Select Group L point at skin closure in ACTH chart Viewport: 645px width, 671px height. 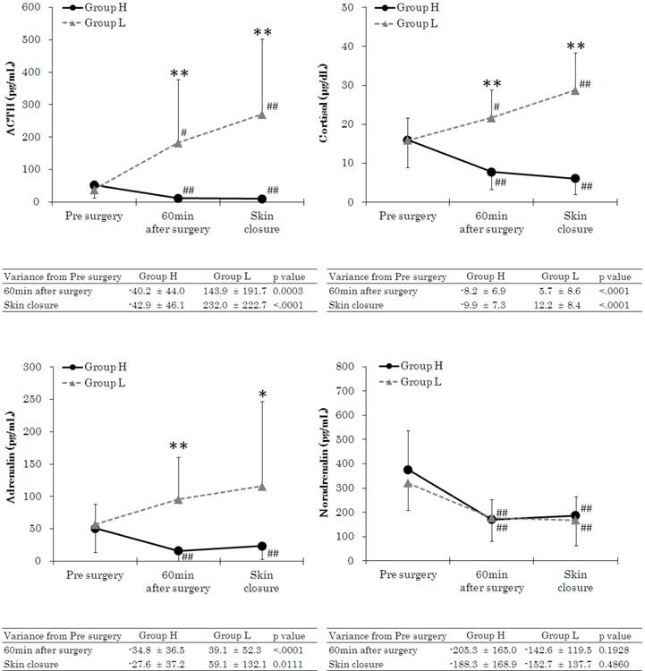coord(261,115)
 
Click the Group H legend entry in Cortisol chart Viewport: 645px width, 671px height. coord(417,7)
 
